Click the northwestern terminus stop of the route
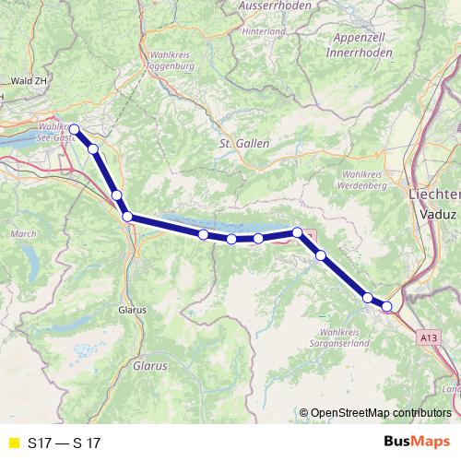(74, 129)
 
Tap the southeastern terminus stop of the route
(387, 306)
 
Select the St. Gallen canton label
(242, 144)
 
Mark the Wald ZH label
(25, 81)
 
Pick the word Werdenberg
(361, 184)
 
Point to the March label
(22, 235)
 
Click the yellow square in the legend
(14, 443)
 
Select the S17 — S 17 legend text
(65, 443)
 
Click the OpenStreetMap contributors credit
(376, 413)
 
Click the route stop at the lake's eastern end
(297, 232)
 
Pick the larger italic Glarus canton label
(150, 365)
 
